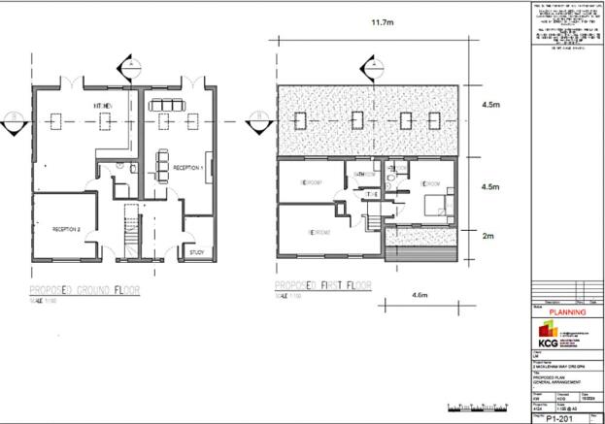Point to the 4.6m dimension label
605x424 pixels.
(x=420, y=294)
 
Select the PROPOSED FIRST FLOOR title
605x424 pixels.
(x=330, y=289)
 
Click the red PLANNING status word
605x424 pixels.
(x=567, y=312)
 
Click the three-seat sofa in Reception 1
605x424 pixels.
(x=162, y=104)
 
